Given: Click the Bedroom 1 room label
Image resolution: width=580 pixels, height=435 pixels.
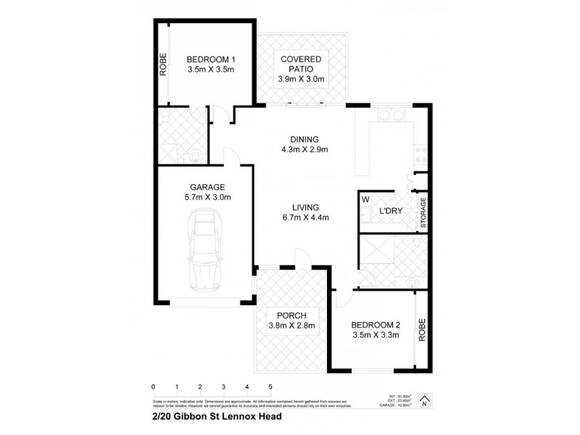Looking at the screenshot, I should [x=211, y=59].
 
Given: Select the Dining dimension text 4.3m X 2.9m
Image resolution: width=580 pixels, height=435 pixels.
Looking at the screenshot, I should [x=305, y=151].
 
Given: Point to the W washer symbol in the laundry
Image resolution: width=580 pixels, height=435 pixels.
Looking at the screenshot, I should [x=365, y=199].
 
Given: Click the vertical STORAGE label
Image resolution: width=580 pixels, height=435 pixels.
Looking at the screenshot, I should [x=423, y=213].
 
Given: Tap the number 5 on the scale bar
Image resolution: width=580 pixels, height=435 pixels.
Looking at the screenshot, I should [x=270, y=386].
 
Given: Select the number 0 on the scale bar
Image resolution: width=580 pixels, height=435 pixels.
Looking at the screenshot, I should [x=154, y=386].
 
